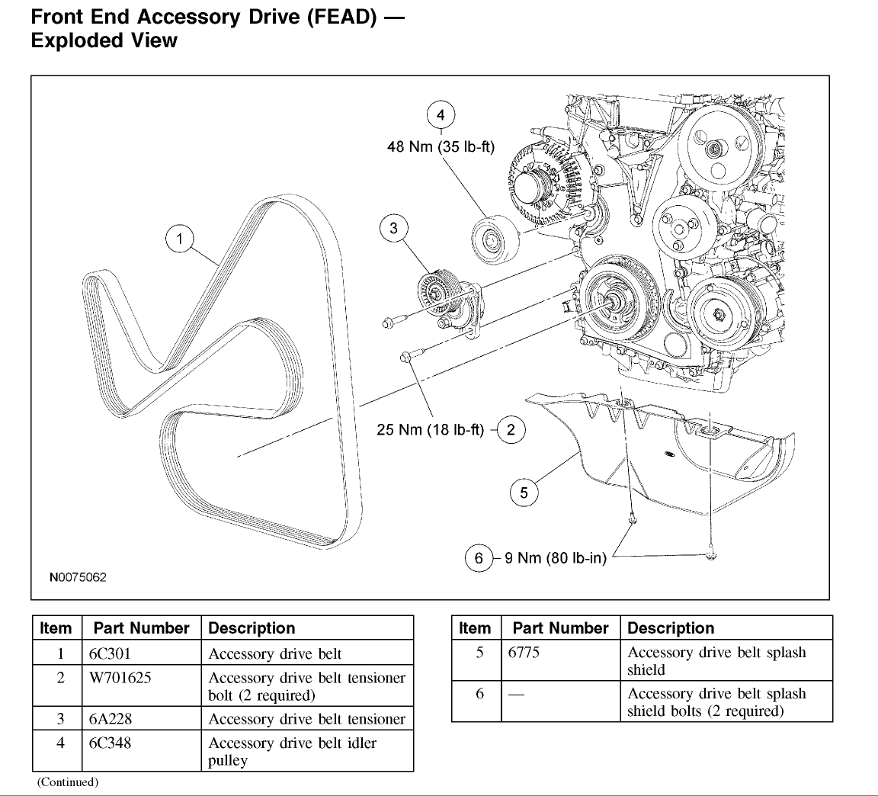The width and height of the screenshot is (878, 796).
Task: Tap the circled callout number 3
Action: [393, 229]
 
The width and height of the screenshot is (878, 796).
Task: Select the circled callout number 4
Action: [441, 116]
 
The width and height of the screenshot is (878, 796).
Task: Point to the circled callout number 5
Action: [524, 493]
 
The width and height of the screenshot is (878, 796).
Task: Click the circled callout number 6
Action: [479, 559]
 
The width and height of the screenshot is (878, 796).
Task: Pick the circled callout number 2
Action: [511, 430]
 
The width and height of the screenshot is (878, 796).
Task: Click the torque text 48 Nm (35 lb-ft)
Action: [441, 147]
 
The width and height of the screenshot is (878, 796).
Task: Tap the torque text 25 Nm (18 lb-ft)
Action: [431, 430]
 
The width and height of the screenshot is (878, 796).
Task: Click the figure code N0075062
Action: [79, 577]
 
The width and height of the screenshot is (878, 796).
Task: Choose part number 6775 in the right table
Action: [524, 653]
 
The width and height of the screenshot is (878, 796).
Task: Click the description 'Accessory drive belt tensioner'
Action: [306, 719]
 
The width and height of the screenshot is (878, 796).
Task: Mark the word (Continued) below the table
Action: [67, 782]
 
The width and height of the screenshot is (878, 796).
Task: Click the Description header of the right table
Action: [671, 628]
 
